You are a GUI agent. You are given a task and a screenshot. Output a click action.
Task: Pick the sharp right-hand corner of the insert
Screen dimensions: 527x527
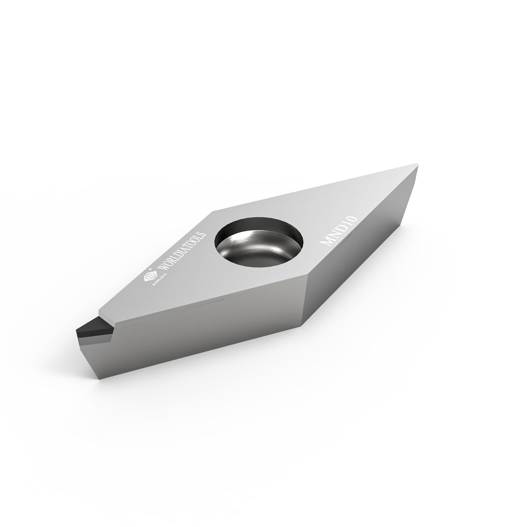[x=417, y=165]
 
